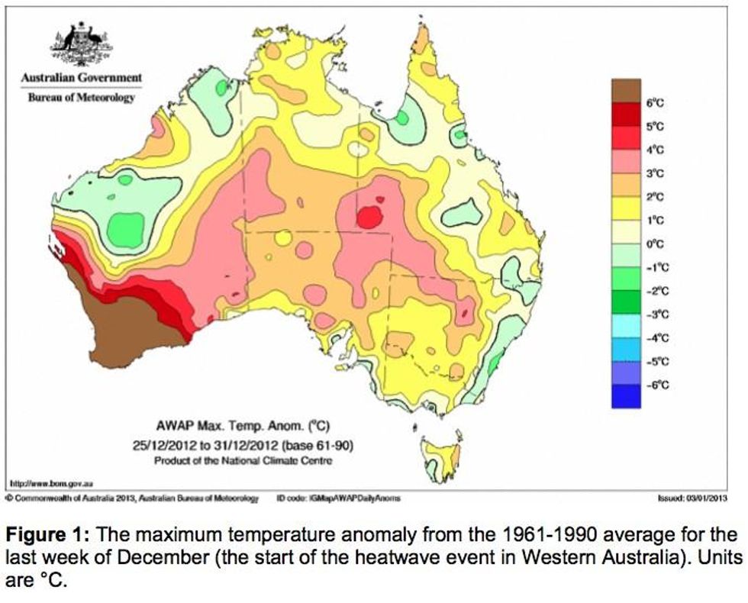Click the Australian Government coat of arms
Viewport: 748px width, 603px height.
79,45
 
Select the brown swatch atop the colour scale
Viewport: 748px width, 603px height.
624,90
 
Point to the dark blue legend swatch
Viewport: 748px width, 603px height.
624,396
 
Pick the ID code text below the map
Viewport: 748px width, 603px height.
338,498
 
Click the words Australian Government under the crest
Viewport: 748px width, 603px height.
81,78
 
